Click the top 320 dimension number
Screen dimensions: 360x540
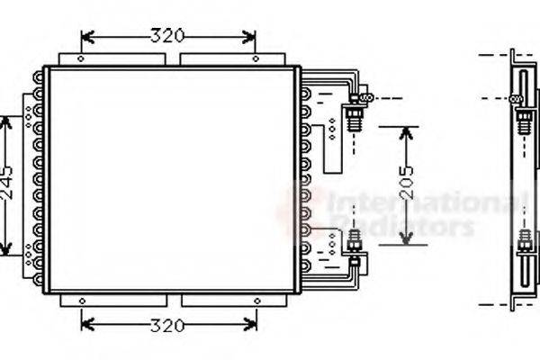[166, 37]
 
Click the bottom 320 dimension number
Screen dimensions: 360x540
[166, 323]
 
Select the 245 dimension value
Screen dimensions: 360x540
[7, 185]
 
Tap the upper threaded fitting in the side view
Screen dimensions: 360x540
[521, 117]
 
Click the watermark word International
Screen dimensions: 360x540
[414, 202]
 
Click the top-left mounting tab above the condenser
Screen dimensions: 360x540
[112, 58]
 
